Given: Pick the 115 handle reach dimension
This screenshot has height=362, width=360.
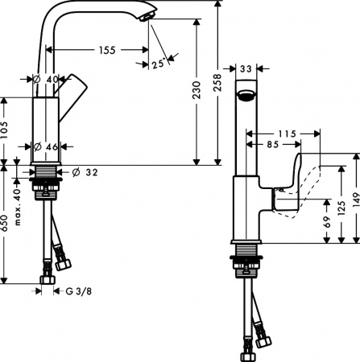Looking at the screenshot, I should pos(288,132).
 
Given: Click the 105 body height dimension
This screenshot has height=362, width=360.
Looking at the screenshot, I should pos(7,131).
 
